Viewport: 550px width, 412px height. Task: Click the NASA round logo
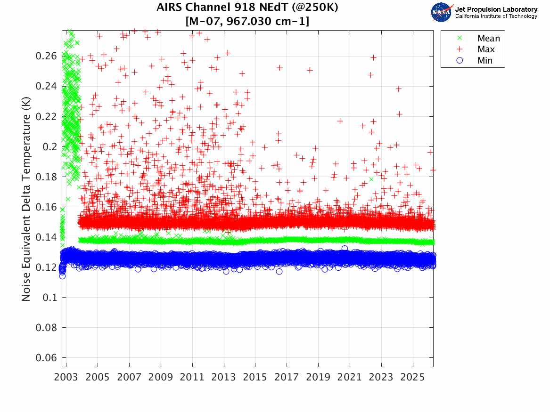pyautogui.click(x=442, y=12)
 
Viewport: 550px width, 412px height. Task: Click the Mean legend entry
pyautogui.click(x=488, y=39)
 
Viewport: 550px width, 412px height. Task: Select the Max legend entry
pyautogui.click(x=486, y=49)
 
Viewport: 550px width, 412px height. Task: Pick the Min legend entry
pyautogui.click(x=485, y=60)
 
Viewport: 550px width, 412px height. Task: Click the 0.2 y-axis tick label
pyautogui.click(x=50, y=146)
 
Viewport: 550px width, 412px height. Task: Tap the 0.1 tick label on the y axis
pyautogui.click(x=50, y=297)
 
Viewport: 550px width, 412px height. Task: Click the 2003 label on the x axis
pyautogui.click(x=66, y=377)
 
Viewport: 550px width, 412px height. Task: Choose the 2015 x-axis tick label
pyautogui.click(x=255, y=377)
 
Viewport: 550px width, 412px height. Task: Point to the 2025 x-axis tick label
pyautogui.click(x=413, y=377)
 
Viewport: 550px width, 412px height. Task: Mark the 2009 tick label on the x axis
pyautogui.click(x=161, y=377)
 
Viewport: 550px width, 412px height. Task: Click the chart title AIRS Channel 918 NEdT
pyautogui.click(x=247, y=8)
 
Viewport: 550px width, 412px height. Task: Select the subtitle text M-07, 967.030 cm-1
pyautogui.click(x=247, y=21)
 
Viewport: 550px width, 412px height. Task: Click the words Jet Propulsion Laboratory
pyautogui.click(x=496, y=9)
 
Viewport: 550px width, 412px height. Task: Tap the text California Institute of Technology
pyautogui.click(x=496, y=16)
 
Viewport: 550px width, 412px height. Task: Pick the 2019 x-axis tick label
pyautogui.click(x=318, y=377)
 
